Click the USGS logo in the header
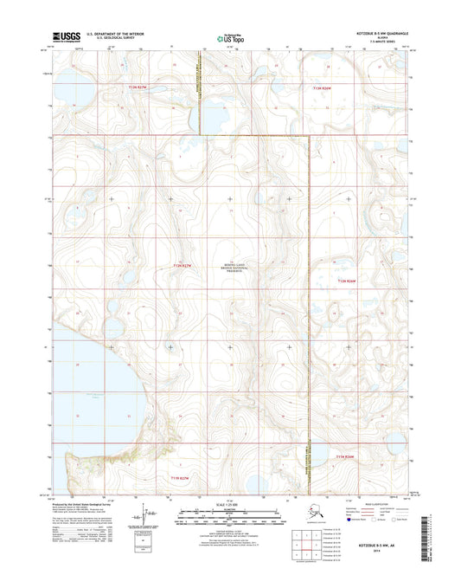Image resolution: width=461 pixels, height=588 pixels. (68, 36)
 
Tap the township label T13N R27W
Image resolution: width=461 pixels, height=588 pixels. (138, 87)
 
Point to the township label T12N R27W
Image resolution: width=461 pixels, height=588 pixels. (180, 266)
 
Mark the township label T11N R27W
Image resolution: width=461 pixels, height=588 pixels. (179, 477)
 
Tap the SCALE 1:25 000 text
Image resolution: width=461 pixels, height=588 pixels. (230, 502)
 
